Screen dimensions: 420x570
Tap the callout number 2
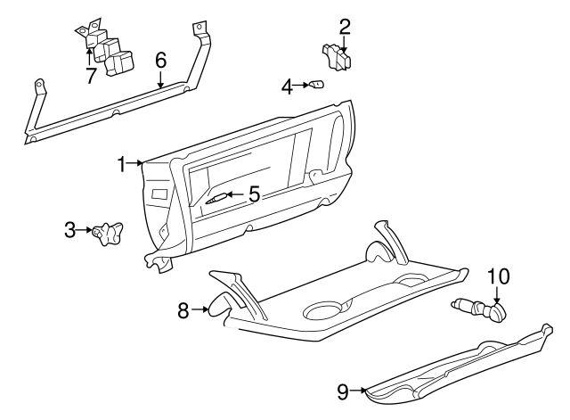click(x=344, y=28)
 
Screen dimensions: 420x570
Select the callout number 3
click(x=71, y=230)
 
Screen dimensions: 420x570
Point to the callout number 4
click(x=287, y=86)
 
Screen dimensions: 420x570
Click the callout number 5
click(x=253, y=194)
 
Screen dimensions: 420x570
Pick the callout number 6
click(x=160, y=61)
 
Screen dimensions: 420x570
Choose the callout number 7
click(x=90, y=75)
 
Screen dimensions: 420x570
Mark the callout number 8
click(x=183, y=310)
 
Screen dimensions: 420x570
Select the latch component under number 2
click(x=338, y=57)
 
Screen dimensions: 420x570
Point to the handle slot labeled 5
click(x=216, y=197)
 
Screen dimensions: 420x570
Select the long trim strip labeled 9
click(x=454, y=366)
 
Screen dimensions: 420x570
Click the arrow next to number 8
click(x=201, y=310)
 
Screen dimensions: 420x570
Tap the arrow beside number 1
click(x=135, y=163)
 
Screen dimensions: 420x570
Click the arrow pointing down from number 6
click(x=160, y=78)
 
